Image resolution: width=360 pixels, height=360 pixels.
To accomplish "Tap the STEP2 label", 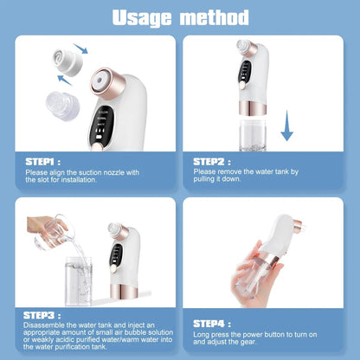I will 210,160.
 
